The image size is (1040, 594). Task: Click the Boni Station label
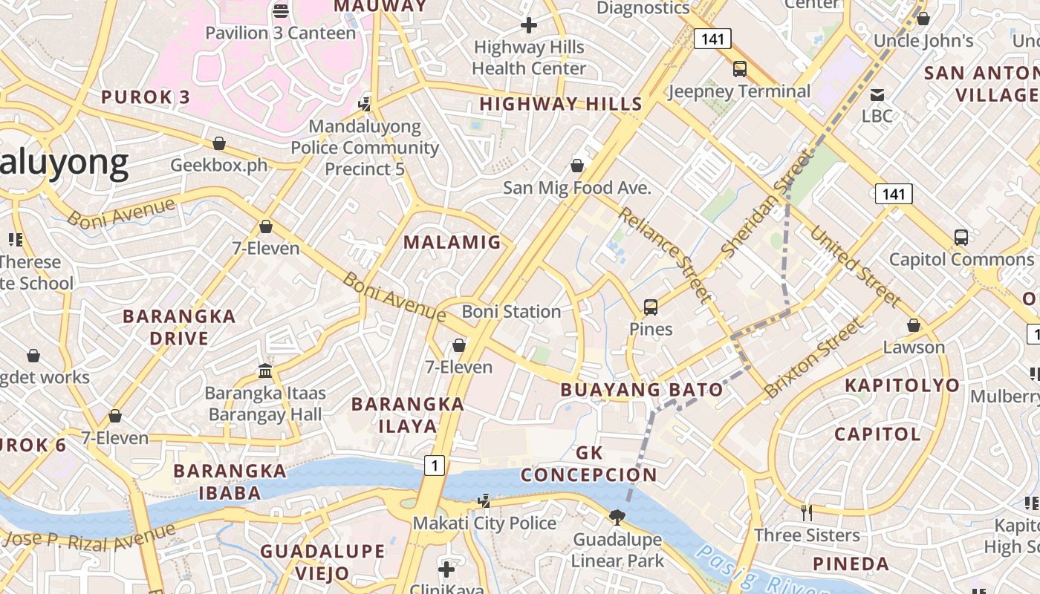(511, 311)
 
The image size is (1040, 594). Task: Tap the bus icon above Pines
(650, 307)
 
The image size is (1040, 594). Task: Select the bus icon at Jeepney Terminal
(739, 69)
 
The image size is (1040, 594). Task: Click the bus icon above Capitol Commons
(961, 238)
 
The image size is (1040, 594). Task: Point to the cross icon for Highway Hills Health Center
(528, 26)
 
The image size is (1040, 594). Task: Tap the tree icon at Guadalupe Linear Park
(616, 517)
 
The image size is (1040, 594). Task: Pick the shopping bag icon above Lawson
(913, 326)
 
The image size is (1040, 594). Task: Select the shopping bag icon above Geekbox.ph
(218, 143)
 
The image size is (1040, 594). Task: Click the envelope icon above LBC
(877, 94)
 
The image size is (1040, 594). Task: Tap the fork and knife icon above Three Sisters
(806, 512)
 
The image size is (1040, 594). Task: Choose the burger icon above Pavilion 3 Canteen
(280, 10)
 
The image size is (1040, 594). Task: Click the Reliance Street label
(664, 255)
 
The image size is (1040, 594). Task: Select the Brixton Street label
(815, 358)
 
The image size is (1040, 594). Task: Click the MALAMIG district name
(452, 242)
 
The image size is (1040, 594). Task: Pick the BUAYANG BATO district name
(641, 390)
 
